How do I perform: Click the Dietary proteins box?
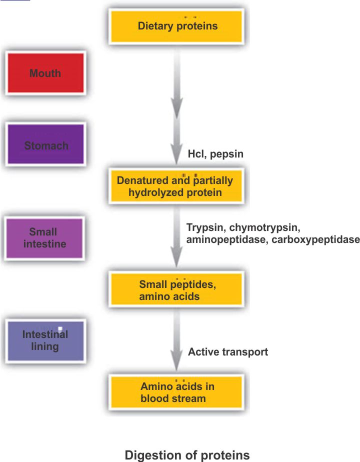[x=177, y=25]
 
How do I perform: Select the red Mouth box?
[x=45, y=73]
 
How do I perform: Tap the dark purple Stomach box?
[x=45, y=145]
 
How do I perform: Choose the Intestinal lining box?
[x=45, y=340]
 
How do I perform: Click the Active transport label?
[x=228, y=352]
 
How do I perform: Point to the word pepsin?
[x=226, y=154]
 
